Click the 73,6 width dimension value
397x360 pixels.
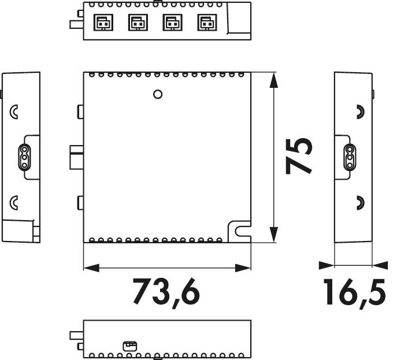pyautogui.click(x=166, y=292)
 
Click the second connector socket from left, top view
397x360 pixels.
pyautogui.click(x=136, y=23)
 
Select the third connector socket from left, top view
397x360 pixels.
pyautogui.click(x=171, y=23)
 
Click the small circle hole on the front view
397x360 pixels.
pyautogui.click(x=158, y=93)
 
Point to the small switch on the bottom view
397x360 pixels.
pyautogui.click(x=129, y=346)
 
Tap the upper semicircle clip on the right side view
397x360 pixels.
pyautogui.click(x=359, y=112)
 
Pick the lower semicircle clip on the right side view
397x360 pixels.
pyautogui.click(x=359, y=202)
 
